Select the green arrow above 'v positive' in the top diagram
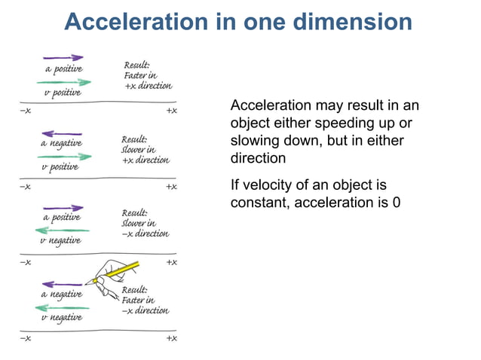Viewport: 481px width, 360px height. pos(69,82)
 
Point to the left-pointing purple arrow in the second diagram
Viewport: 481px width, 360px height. pos(63,133)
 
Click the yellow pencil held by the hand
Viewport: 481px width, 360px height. pos(121,271)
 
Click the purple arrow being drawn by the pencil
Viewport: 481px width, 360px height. pos(63,284)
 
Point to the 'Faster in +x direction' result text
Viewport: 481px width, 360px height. pos(147,75)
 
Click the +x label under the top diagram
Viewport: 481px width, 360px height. pos(171,111)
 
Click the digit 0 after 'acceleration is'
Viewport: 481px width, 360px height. pos(396,203)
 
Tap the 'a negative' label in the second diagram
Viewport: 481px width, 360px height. pos(61,143)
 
